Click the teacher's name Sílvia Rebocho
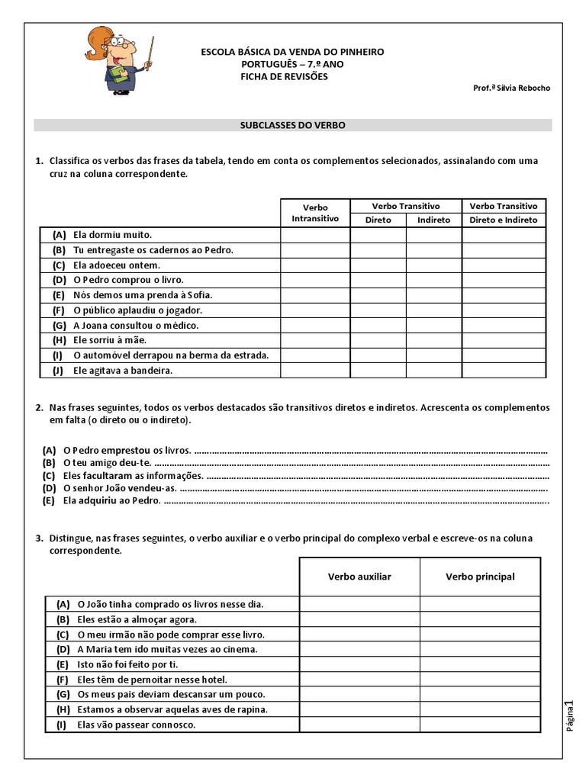[x=511, y=88]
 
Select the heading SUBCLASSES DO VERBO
[x=293, y=125]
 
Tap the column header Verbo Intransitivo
[x=315, y=213]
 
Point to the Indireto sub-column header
[x=433, y=220]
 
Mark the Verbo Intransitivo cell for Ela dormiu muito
[x=315, y=235]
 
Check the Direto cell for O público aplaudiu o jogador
[x=378, y=310]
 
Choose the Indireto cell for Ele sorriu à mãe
[x=433, y=340]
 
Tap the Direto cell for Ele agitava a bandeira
[x=378, y=371]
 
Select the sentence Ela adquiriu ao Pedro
[x=111, y=501]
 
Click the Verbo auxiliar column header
[x=359, y=577]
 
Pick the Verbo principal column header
[x=480, y=577]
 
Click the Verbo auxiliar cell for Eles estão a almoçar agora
[x=359, y=619]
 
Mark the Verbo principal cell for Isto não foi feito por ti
[x=480, y=664]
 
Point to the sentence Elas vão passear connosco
[x=136, y=725]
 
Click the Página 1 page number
[x=568, y=717]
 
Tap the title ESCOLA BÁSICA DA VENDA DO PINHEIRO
[x=292, y=52]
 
